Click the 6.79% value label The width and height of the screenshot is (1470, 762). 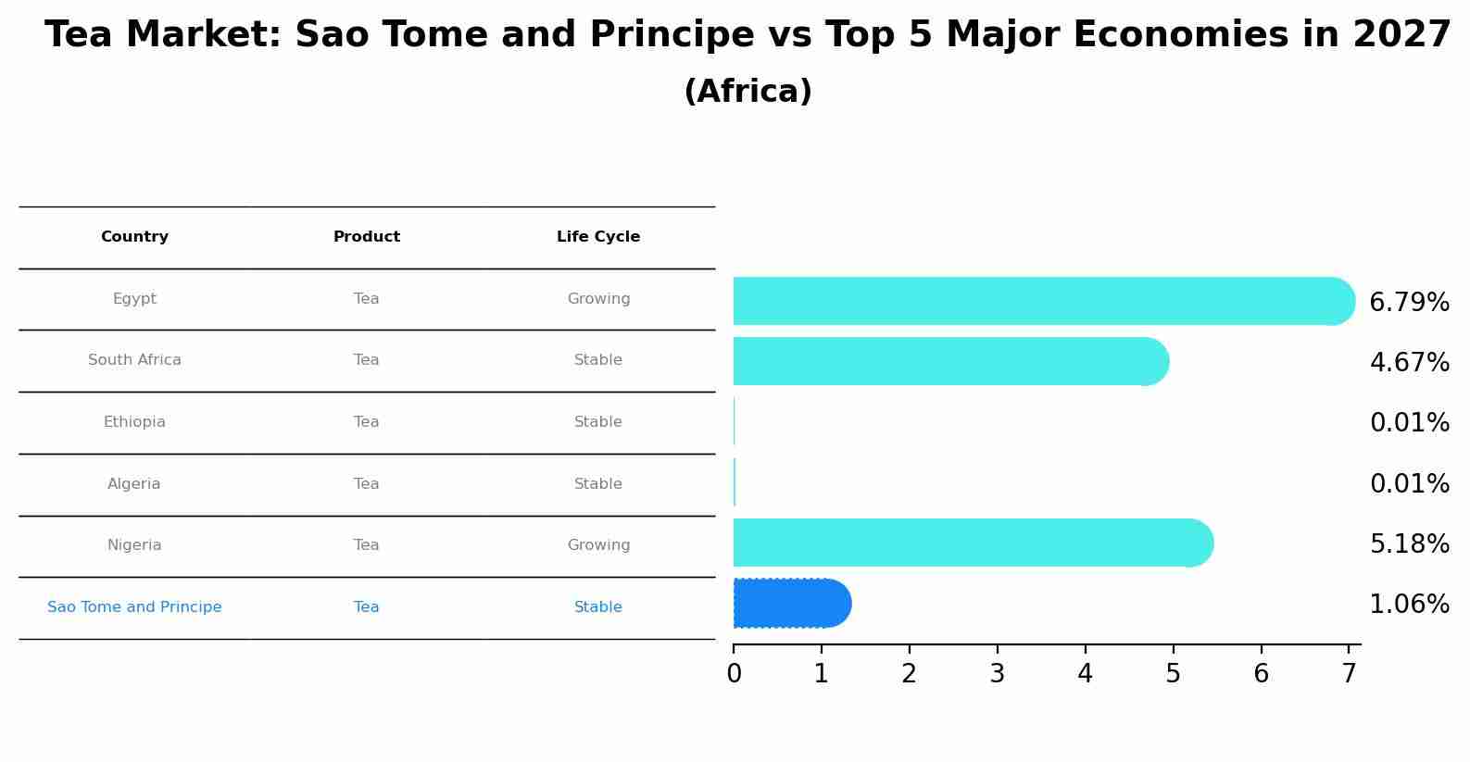pos(1409,303)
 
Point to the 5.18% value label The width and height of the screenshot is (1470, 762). pos(1409,544)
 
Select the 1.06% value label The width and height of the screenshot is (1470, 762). pos(1409,605)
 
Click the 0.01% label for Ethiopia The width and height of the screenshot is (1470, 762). pos(1409,423)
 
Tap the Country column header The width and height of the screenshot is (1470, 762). pos(134,237)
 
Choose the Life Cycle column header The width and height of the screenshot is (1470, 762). pos(598,237)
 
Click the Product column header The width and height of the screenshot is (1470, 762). pos(367,237)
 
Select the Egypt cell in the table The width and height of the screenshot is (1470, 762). pos(134,299)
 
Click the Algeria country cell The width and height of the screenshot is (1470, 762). pos(134,484)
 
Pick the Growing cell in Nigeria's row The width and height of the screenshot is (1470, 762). pos(598,545)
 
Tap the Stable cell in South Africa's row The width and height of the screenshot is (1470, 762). pos(598,360)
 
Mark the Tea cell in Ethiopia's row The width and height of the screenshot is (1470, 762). pos(367,422)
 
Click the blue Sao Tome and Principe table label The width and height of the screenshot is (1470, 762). pos(134,607)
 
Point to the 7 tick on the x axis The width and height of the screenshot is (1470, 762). pos(1349,674)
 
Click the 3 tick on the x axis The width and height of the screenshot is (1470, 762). pos(997,674)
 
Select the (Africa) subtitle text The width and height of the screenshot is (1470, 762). pos(748,92)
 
